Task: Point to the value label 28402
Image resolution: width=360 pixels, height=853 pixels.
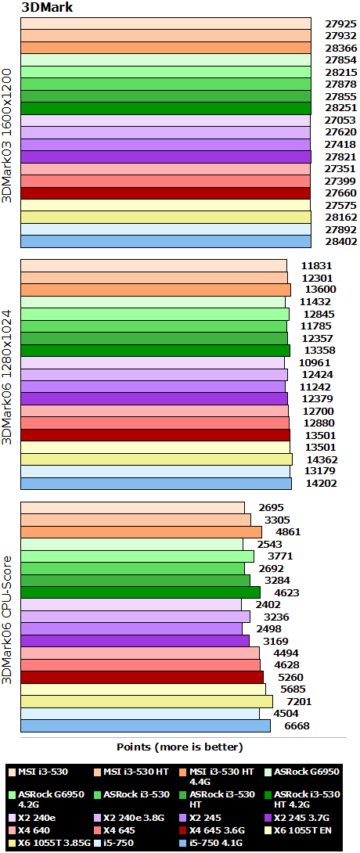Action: (x=340, y=242)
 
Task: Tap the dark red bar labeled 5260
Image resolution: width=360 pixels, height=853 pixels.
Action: (x=140, y=677)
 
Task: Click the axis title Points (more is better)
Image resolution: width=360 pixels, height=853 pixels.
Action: (x=180, y=747)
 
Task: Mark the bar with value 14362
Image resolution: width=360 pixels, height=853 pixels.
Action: (x=156, y=459)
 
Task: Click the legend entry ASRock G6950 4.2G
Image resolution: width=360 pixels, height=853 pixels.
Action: (x=41, y=799)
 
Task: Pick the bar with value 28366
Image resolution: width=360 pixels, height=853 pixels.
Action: (x=166, y=48)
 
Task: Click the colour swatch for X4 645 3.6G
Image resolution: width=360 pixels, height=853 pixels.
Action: (x=180, y=830)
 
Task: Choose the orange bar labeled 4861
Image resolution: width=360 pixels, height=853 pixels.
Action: (x=141, y=532)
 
